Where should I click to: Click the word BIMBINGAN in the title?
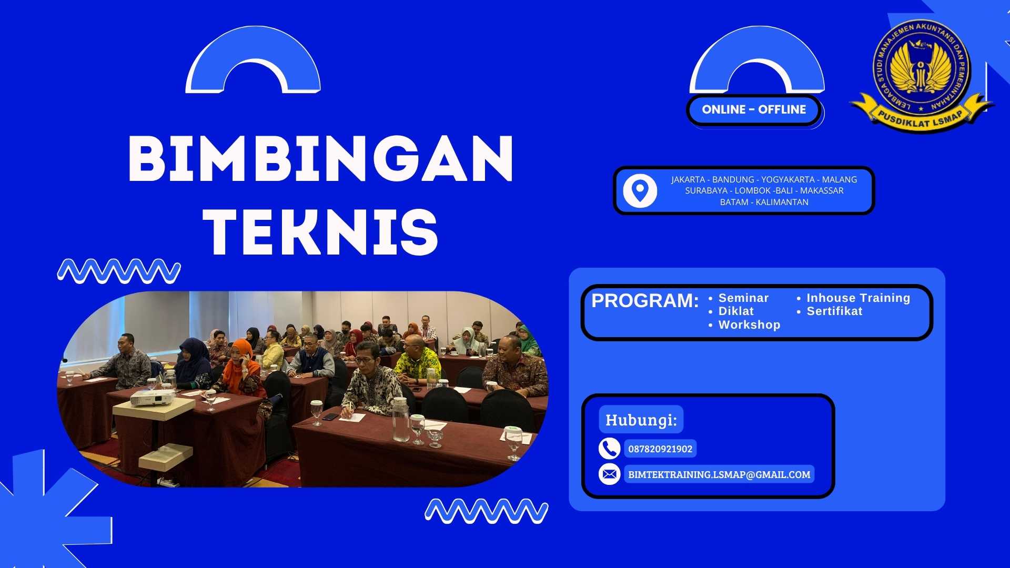pyautogui.click(x=321, y=158)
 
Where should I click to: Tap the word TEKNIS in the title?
pyautogui.click(x=321, y=231)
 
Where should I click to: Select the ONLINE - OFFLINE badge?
pyautogui.click(x=754, y=109)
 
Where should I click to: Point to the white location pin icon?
pyautogui.click(x=640, y=190)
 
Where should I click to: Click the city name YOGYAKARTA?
pyautogui.click(x=787, y=179)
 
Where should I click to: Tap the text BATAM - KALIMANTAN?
pyautogui.click(x=764, y=202)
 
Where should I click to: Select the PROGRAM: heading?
pyautogui.click(x=645, y=301)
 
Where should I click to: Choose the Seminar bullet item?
pyautogui.click(x=743, y=298)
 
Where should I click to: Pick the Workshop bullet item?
pyautogui.click(x=749, y=325)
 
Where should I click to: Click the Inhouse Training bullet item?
pyautogui.click(x=858, y=298)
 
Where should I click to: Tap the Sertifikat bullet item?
pyautogui.click(x=834, y=311)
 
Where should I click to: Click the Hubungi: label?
pyautogui.click(x=641, y=420)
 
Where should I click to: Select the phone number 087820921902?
pyautogui.click(x=660, y=449)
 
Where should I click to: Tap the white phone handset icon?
pyautogui.click(x=609, y=449)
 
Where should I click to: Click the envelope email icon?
pyautogui.click(x=609, y=474)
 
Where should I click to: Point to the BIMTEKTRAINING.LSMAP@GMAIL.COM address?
pyautogui.click(x=719, y=474)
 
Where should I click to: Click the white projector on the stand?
pyautogui.click(x=152, y=397)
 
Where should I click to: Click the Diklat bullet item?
pyautogui.click(x=735, y=311)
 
